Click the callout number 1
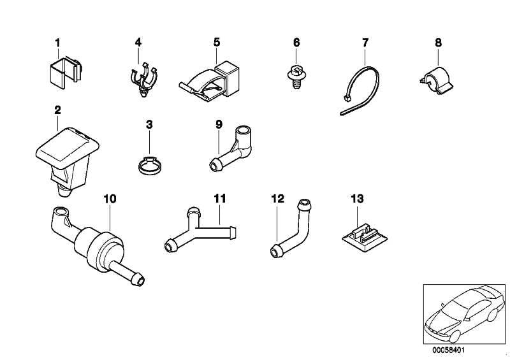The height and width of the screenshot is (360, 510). click(x=57, y=43)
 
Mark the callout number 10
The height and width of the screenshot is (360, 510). click(x=110, y=198)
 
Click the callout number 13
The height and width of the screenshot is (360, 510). click(x=356, y=199)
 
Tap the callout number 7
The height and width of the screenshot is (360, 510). click(x=365, y=43)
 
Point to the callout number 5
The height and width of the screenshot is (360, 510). click(x=217, y=43)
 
